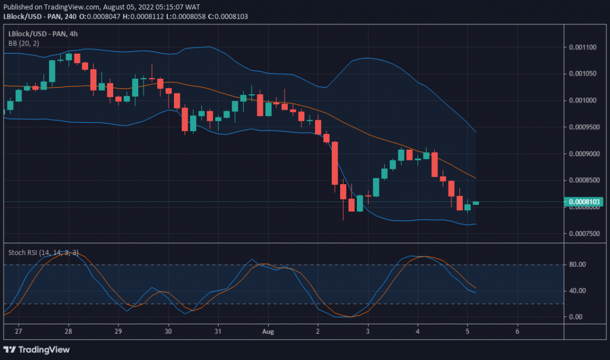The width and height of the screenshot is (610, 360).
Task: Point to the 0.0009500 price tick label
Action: tap(584, 126)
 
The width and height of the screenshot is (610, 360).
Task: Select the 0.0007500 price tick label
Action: tap(584, 233)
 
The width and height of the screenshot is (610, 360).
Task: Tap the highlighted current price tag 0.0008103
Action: tap(585, 202)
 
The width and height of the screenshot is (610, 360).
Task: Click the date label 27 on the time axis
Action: tap(18, 331)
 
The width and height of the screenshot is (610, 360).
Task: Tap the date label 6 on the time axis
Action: tap(517, 331)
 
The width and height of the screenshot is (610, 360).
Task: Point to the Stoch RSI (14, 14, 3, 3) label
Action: tap(43, 252)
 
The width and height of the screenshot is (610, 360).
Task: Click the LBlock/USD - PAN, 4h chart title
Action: tap(43, 33)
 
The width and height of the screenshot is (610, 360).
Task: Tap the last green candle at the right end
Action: tap(475, 203)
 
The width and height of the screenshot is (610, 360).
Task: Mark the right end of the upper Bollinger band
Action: tap(475, 132)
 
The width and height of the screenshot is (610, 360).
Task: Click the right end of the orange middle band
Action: tap(475, 178)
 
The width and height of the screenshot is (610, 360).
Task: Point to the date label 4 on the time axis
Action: tap(418, 331)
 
